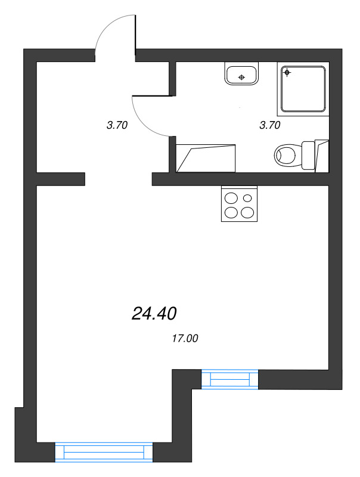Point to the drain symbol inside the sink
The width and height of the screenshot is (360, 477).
point(241,77)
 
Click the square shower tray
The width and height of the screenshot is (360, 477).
point(304,89)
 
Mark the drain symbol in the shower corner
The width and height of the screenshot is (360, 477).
point(287,73)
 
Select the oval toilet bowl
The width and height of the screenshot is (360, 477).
point(286,156)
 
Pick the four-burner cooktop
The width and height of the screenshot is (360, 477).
point(239,203)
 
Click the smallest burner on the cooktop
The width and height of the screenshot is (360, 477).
point(247,197)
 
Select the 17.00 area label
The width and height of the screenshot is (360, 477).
point(184,339)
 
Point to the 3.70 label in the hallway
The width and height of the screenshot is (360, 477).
point(117,125)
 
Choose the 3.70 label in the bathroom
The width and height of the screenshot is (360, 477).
point(270,125)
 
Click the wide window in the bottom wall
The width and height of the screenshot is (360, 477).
point(104,452)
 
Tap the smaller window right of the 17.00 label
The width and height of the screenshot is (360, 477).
point(230,379)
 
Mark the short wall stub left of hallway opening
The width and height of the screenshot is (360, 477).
point(61,179)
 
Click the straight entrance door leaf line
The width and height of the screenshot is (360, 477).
point(136,35)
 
